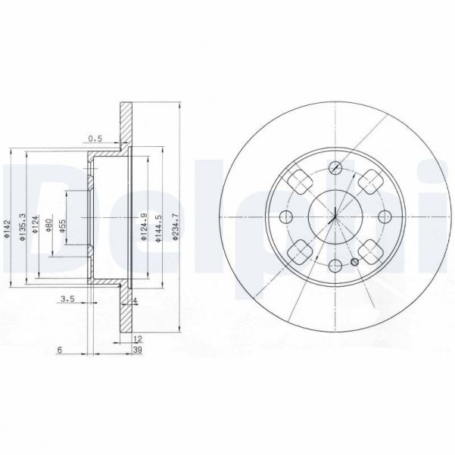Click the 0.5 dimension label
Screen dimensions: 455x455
pos(94,139)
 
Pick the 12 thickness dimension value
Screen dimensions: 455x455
pos(138,338)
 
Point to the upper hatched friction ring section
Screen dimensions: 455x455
pos(126,125)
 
